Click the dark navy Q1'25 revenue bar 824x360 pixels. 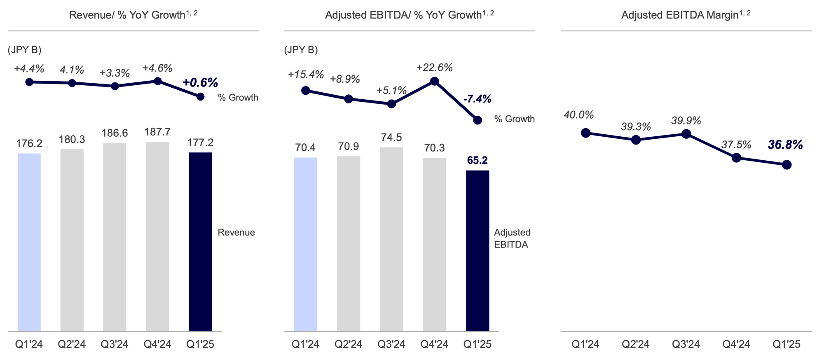pos(200,241)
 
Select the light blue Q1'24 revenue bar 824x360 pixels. pos(29,242)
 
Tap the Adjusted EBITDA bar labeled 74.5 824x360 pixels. pos(391,239)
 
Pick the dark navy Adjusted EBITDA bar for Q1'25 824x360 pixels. pos(478,250)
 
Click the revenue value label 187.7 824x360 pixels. pos(157,132)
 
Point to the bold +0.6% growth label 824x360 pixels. pos(200,83)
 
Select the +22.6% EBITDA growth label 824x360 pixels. pos(434,68)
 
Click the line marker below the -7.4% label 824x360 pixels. pos(478,120)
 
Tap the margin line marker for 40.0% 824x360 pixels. pos(585,133)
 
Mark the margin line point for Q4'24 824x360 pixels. pos(737,158)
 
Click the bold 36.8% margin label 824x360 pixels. pos(785,145)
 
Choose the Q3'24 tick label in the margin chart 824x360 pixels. pos(686,344)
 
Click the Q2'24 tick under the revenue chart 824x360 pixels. pos(72,344)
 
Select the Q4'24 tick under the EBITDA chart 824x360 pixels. pos(434,344)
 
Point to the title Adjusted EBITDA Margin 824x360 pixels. pos(686,15)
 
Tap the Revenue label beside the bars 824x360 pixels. pos(236,232)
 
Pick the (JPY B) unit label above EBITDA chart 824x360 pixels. pos(301,50)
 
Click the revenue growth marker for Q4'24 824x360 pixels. pos(157,81)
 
